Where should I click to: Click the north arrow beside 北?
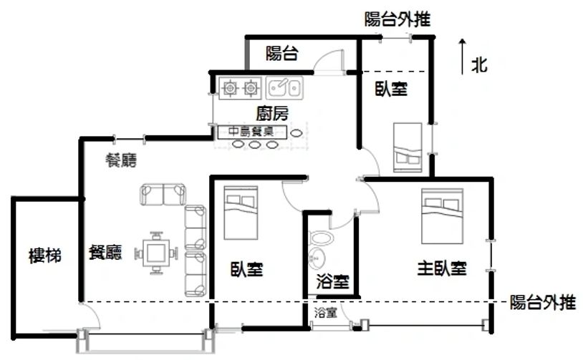[462, 57]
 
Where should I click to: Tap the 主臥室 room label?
[442, 268]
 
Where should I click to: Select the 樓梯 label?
[45, 256]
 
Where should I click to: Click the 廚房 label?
[272, 113]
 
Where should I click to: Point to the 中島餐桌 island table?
[252, 132]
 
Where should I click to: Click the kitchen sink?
[284, 88]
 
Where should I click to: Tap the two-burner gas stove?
[240, 88]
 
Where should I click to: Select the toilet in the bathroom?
[322, 238]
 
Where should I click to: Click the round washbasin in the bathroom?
[317, 258]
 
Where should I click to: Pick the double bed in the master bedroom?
[442, 216]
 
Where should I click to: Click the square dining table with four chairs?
[157, 253]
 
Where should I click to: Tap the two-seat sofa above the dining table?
[163, 194]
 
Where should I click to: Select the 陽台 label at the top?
[282, 53]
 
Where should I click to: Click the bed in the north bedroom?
[408, 147]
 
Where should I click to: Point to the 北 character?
[479, 65]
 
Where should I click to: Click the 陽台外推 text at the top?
[397, 19]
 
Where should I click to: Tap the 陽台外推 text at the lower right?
[542, 303]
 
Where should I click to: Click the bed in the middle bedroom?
[241, 213]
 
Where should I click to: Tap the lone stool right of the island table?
[296, 133]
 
